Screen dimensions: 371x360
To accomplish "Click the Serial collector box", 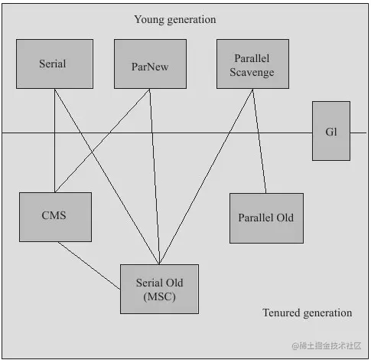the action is (x=54, y=64).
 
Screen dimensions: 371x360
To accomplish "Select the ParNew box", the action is (x=150, y=64).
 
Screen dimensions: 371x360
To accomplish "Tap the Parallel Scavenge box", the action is (x=252, y=64).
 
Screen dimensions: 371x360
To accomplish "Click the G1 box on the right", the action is (x=331, y=131).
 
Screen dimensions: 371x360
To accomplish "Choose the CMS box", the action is (x=55, y=217).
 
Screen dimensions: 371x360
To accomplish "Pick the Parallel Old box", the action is (x=266, y=218).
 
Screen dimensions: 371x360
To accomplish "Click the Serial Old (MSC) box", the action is (x=159, y=289).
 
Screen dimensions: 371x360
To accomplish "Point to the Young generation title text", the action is (x=175, y=20).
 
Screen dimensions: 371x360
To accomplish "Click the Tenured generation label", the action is (x=308, y=313).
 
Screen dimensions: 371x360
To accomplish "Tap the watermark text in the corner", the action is (x=327, y=345).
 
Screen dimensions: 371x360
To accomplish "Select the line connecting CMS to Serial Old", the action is (x=89, y=266).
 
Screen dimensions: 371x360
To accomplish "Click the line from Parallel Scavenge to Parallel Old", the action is (x=259, y=141).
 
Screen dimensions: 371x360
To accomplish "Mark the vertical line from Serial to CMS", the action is (x=54, y=140).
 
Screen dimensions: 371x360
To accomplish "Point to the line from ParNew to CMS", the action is (x=103, y=140).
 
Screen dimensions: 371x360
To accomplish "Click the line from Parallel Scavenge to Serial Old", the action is (x=206, y=177).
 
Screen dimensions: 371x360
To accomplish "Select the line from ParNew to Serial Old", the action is (x=155, y=177).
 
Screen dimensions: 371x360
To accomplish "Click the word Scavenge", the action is (x=252, y=72).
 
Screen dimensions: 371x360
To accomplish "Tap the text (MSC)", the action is (x=159, y=296).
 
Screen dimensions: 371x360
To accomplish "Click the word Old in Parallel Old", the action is (x=285, y=218).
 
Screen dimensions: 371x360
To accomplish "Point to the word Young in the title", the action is (x=149, y=20).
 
